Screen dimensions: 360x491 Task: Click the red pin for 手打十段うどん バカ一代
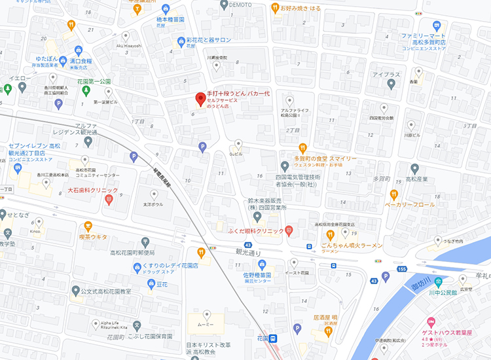tap(201, 99)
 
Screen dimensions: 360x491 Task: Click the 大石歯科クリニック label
tap(93, 190)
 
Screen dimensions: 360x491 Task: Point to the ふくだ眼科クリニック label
tap(255, 232)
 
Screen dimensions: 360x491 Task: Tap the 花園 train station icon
tap(274, 338)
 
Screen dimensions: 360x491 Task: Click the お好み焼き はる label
tap(300, 9)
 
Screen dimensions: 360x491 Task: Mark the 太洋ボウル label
tap(154, 204)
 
